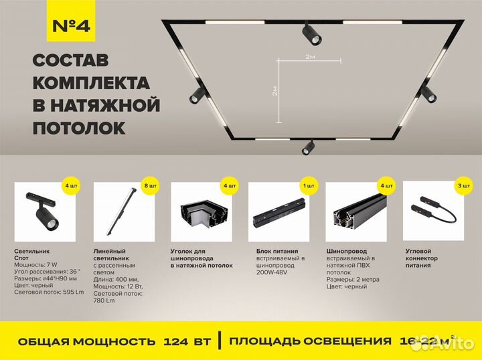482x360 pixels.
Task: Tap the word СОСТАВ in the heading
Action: point(71,61)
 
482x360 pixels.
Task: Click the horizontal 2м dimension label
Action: point(310,58)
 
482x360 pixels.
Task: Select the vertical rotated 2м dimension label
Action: point(275,91)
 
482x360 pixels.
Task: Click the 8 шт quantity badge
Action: point(151,185)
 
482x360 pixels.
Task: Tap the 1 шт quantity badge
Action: point(309,185)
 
